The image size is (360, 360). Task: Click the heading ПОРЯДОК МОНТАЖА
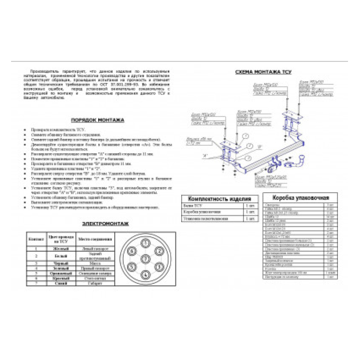click(x=97, y=120)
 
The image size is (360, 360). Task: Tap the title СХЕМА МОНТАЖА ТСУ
click(x=263, y=72)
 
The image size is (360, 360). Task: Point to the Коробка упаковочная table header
click(x=300, y=197)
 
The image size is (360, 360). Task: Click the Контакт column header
click(x=36, y=239)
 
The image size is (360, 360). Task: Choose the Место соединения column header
click(x=95, y=239)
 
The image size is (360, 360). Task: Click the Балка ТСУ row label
click(x=192, y=206)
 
